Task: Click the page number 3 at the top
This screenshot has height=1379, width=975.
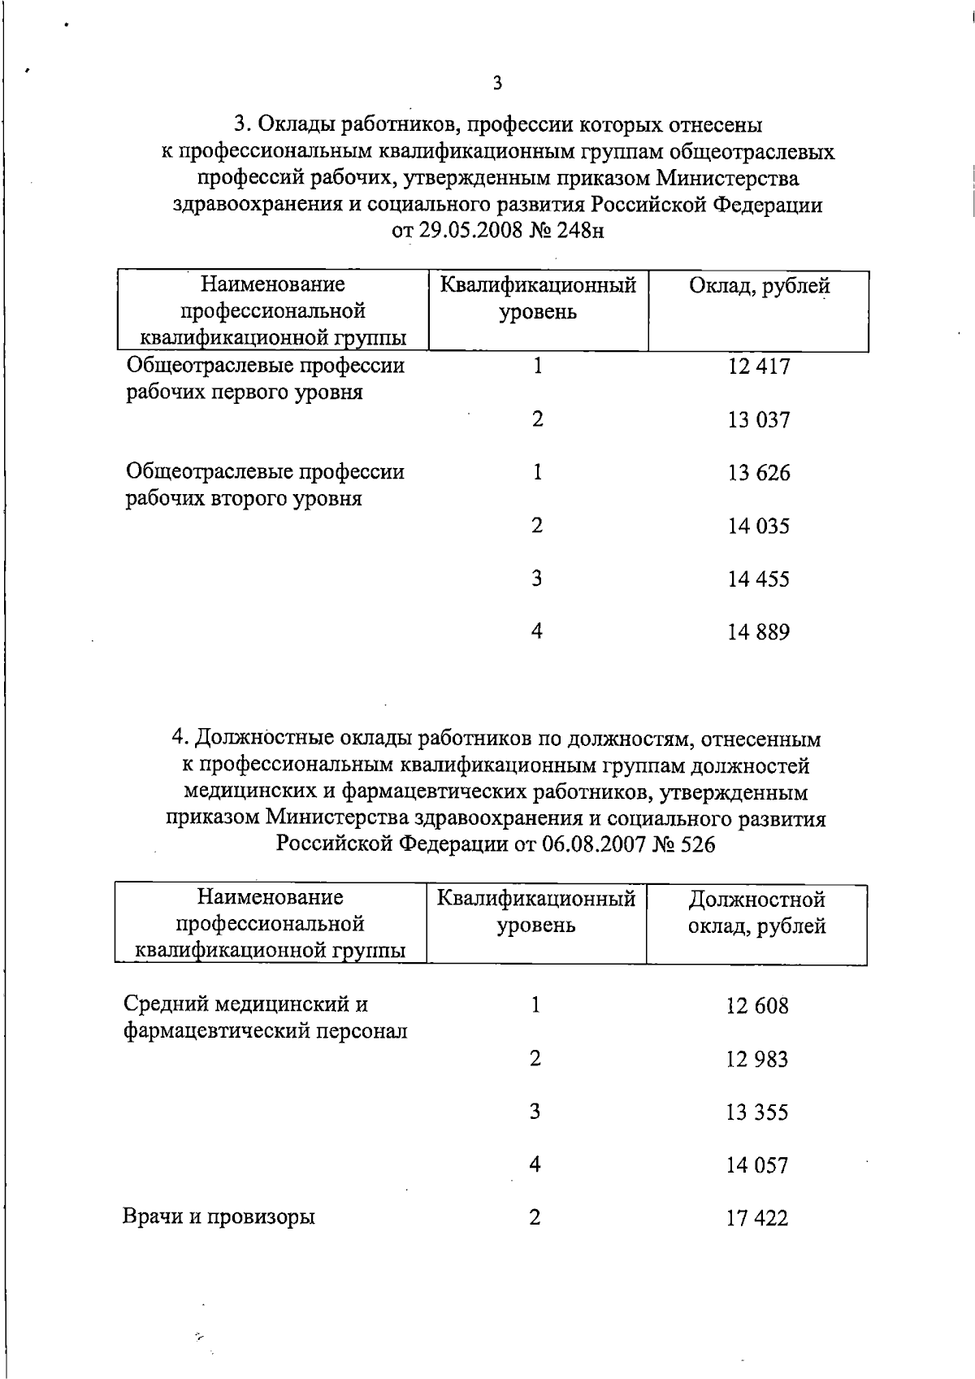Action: [x=497, y=82]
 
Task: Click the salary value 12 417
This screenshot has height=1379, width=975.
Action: [x=759, y=366]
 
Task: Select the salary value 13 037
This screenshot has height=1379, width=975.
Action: [x=759, y=420]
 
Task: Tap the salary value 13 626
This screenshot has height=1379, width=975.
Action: [x=759, y=473]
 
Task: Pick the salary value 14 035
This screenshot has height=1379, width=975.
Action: [x=759, y=527]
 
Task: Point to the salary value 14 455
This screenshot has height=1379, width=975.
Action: [x=759, y=579]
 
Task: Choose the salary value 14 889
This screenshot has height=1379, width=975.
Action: [x=759, y=632]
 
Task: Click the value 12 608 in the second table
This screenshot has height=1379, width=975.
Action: [x=757, y=1006]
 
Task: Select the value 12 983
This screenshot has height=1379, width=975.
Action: [x=757, y=1060]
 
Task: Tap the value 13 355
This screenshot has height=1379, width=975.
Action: [x=757, y=1112]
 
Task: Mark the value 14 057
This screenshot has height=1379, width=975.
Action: [x=757, y=1166]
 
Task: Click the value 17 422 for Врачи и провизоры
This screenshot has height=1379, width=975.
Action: [x=757, y=1219]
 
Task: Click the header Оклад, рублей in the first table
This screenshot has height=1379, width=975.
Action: [x=759, y=286]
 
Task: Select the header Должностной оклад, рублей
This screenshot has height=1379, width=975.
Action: [x=757, y=913]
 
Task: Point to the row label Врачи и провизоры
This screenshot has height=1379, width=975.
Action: [x=219, y=1217]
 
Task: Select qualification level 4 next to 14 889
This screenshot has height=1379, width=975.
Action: [x=536, y=631]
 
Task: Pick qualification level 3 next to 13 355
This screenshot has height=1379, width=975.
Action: [x=535, y=1111]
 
